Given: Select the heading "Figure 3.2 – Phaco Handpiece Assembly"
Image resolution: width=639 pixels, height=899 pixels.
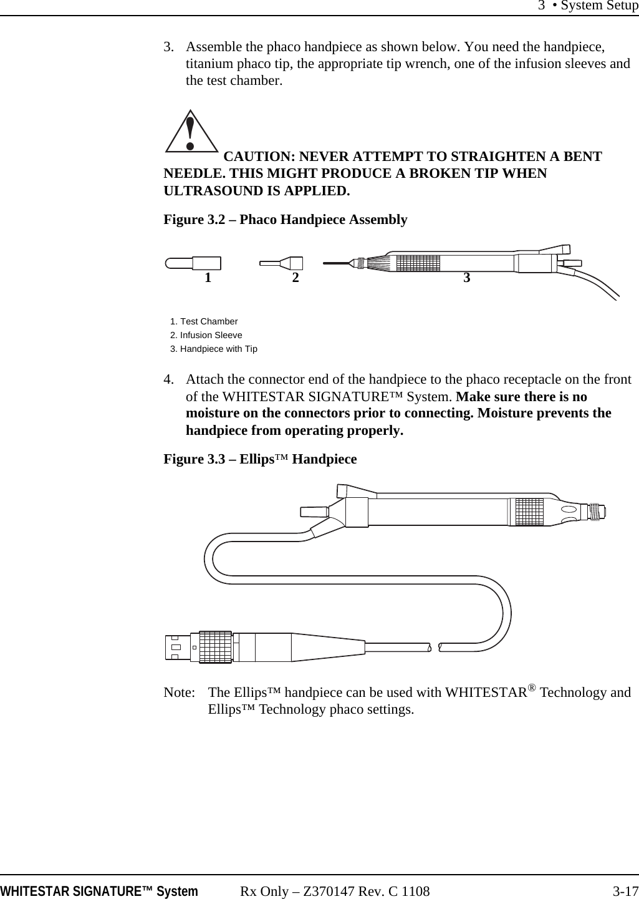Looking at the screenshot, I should pos(285,220).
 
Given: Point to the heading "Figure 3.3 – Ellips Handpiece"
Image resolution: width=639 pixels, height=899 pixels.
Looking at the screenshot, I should pos(260,459).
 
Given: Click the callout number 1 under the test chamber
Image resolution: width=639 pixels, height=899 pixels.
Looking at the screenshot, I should pos(208,278).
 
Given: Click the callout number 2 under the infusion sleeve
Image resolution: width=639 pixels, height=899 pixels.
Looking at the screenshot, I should pos(295,278).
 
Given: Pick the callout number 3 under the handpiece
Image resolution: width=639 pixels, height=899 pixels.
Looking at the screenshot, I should pos(466,278).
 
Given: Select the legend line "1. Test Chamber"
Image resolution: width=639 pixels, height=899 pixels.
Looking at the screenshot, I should pos(204,321).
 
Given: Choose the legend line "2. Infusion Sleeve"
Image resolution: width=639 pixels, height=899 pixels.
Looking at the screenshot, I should pos(206,335).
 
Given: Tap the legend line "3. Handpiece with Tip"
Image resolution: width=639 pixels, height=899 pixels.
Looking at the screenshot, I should pos(214,349).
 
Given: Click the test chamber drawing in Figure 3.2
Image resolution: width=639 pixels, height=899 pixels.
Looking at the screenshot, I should pos(193,263).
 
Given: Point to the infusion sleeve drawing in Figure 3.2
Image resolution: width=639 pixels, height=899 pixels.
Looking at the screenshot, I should pos(282,263).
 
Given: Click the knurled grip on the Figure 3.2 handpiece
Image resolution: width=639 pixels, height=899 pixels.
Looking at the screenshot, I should pos(417,263).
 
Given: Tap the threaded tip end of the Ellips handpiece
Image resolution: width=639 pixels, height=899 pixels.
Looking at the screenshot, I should pos(597,511).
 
